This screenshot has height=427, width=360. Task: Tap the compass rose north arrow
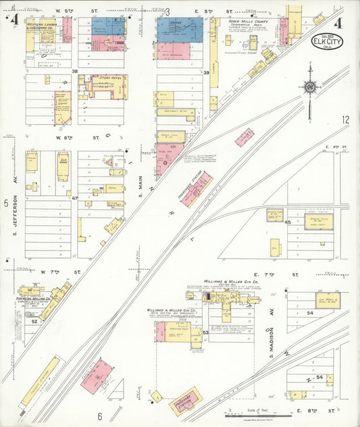(x=309, y=86)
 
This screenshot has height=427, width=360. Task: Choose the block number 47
(x=76, y=199)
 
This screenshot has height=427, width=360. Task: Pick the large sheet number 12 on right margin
(x=345, y=120)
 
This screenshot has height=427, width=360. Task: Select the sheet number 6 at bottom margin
(x=99, y=416)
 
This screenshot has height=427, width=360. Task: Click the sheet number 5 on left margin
(x=5, y=202)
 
